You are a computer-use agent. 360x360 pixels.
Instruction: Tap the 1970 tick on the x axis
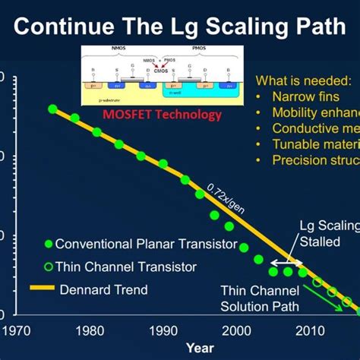pos(16,330)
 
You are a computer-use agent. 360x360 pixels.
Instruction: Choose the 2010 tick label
pos(309,330)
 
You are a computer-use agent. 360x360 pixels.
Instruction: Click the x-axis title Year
pos(201,348)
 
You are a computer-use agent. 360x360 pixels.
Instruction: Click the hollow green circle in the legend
pos(48,267)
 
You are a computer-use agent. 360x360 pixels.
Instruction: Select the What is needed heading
pos(303,81)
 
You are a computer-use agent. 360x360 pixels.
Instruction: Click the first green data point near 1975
pos(52,109)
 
